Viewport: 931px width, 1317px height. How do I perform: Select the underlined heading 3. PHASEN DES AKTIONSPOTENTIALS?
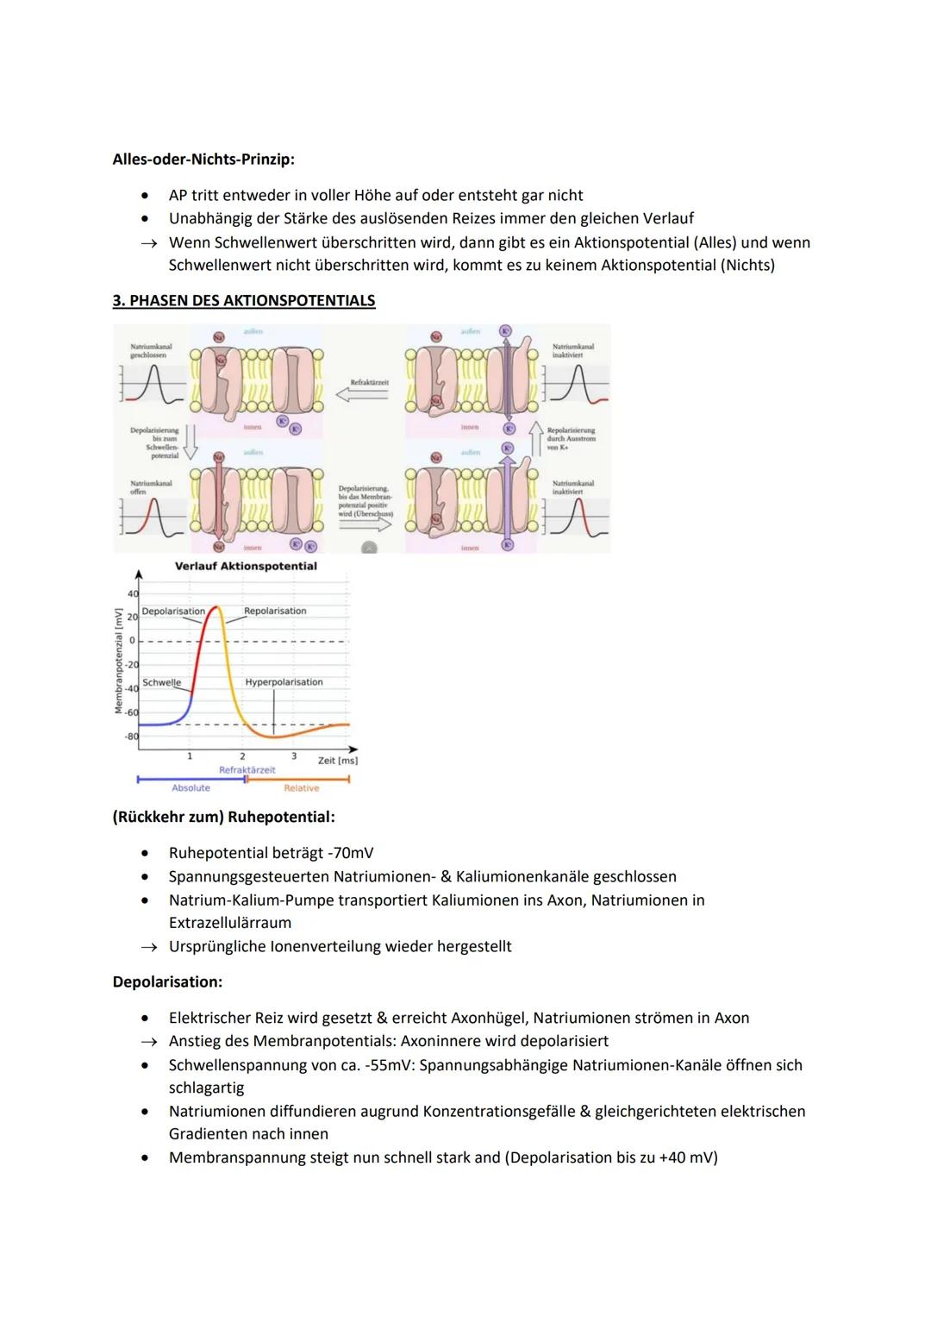pyautogui.click(x=244, y=300)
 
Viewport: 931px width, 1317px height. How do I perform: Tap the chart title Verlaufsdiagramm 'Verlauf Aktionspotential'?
pyautogui.click(x=246, y=566)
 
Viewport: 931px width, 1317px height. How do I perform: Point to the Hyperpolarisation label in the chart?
pyautogui.click(x=284, y=682)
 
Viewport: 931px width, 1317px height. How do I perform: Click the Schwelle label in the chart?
pyautogui.click(x=161, y=682)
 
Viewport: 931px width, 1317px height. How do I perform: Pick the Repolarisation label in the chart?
pyautogui.click(x=275, y=611)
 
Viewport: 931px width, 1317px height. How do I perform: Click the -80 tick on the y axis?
pyautogui.click(x=131, y=737)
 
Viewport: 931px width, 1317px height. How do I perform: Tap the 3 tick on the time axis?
pyautogui.click(x=294, y=756)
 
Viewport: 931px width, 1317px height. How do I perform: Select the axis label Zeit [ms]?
pyautogui.click(x=337, y=761)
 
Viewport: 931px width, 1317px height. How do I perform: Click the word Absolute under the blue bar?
pyautogui.click(x=191, y=788)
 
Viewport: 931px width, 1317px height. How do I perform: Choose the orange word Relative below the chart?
pyautogui.click(x=302, y=788)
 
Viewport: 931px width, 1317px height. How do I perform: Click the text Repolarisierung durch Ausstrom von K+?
pyautogui.click(x=571, y=438)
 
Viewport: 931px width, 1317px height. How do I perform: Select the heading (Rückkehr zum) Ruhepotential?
pyautogui.click(x=223, y=817)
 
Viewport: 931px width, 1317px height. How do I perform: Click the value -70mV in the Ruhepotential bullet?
pyautogui.click(x=353, y=853)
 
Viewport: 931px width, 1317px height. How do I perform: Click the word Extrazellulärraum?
pyautogui.click(x=230, y=923)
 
